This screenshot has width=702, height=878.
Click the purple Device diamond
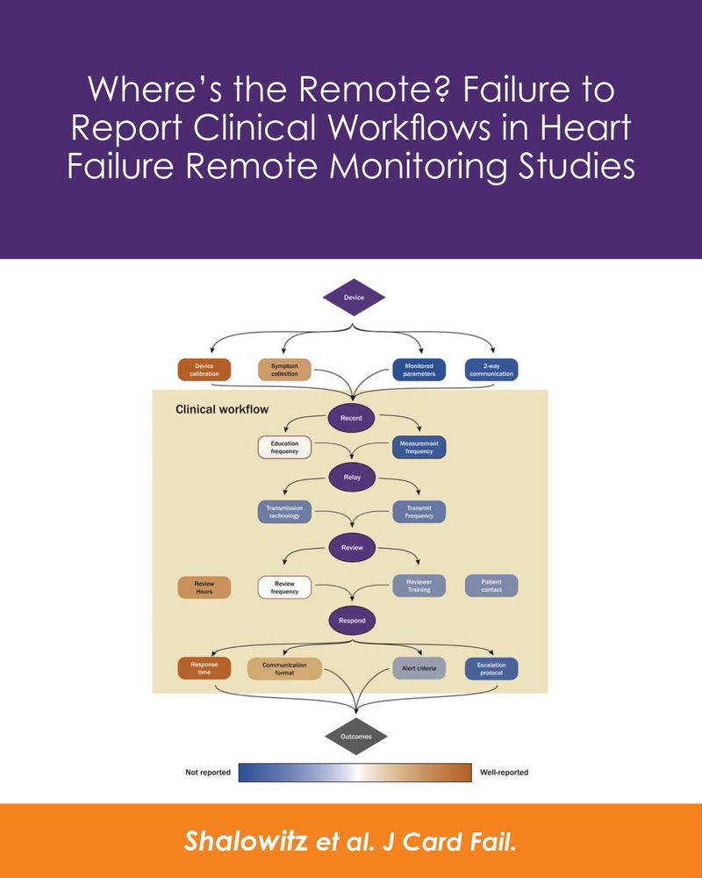click(355, 298)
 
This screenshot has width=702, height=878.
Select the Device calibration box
click(204, 370)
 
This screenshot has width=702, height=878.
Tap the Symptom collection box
click(284, 370)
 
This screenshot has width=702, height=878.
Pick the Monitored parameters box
click(419, 370)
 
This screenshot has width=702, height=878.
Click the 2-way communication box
click(491, 370)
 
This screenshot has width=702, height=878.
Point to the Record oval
click(351, 418)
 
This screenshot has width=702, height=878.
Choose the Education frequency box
click(284, 447)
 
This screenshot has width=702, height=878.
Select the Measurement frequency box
click(419, 447)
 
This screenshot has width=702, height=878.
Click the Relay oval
click(351, 478)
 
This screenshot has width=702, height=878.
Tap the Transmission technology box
click(284, 512)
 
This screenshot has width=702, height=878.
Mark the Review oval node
click(351, 548)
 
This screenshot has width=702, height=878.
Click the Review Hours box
click(204, 587)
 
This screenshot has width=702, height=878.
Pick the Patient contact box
click(491, 586)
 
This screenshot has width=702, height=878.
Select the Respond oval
click(351, 621)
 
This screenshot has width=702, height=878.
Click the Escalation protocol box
click(491, 669)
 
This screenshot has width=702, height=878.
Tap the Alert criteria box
click(419, 669)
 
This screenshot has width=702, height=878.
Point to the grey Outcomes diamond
click(355, 736)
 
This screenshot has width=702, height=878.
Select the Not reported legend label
click(208, 773)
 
